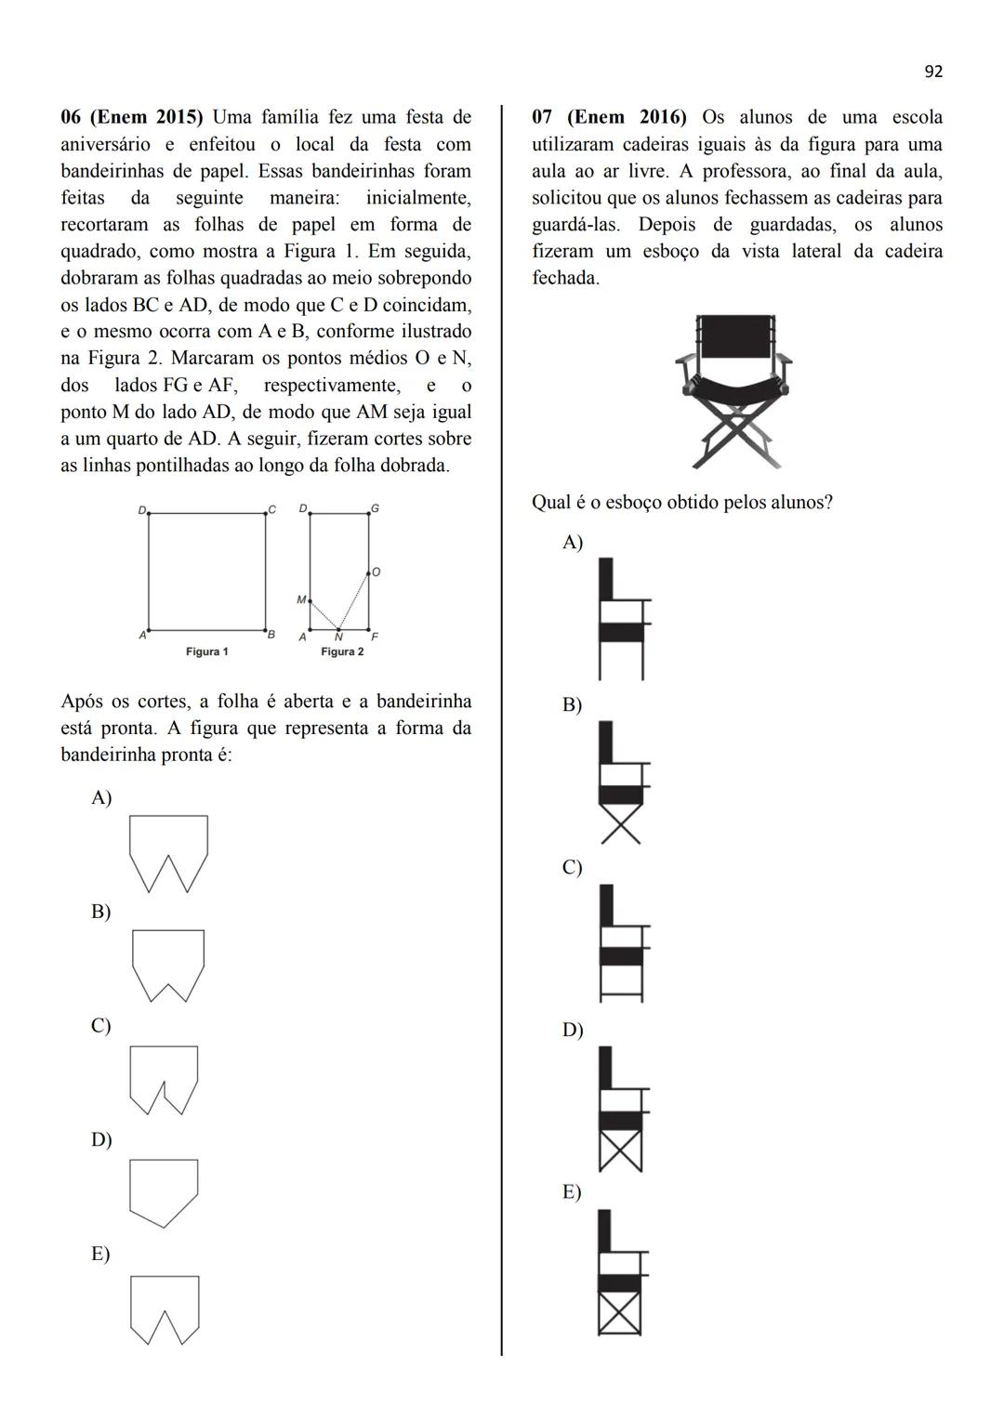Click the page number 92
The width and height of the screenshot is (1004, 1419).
(933, 72)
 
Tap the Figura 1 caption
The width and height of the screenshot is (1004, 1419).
(206, 651)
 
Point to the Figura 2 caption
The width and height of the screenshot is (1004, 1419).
(342, 651)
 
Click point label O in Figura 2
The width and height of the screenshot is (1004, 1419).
(376, 572)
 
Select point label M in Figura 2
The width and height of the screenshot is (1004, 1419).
(300, 600)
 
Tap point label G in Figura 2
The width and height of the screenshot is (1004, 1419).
(375, 509)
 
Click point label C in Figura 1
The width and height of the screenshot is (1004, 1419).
(271, 509)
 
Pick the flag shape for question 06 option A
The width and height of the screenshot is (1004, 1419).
(168, 853)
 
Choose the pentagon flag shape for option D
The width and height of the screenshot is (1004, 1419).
(164, 1192)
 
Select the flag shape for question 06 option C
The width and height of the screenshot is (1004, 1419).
(164, 1080)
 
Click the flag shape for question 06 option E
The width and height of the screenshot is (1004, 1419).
(165, 1309)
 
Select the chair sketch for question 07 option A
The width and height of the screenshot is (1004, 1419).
(621, 618)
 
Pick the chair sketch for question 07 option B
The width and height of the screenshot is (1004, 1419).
(621, 782)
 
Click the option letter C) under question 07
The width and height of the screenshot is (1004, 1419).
(572, 867)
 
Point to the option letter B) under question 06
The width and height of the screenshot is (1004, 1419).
(100, 912)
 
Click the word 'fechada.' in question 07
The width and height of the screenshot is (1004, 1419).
(565, 278)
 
